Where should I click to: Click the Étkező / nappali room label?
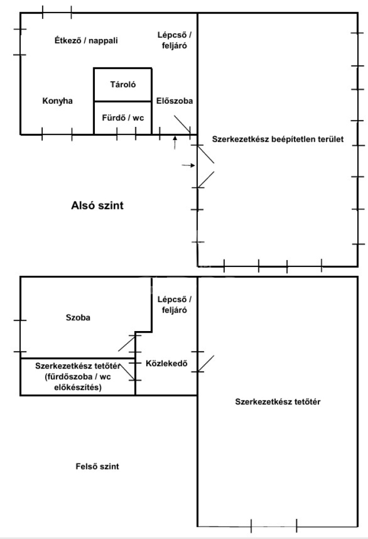(86, 41)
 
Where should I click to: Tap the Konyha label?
(57, 101)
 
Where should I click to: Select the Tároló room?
(123, 84)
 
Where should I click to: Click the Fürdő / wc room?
(123, 118)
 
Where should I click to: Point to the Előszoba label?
(175, 101)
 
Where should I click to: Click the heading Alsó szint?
(97, 206)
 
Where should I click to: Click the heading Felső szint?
(97, 466)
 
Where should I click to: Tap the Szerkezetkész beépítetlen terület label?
(277, 139)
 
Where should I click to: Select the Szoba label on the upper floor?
(78, 317)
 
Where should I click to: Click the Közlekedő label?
(166, 363)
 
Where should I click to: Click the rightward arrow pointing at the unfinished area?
(188, 165)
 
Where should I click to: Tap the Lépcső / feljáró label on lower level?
(175, 40)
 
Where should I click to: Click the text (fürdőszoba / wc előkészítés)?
(78, 382)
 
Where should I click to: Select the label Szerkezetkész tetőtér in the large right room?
(278, 402)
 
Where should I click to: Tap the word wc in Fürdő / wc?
(138, 118)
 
